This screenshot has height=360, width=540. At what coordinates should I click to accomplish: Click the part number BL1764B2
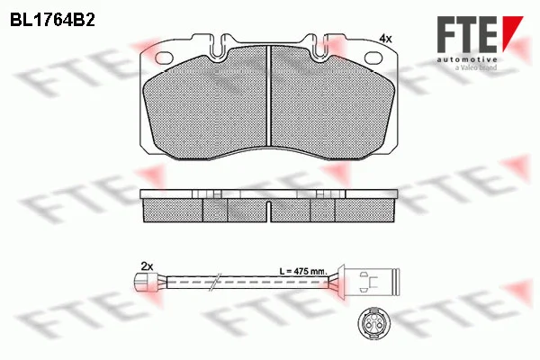52,21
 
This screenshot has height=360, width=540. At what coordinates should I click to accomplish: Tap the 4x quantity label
385,39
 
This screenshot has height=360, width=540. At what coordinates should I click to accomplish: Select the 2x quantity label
147,266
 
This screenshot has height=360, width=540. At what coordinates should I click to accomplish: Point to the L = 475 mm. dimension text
302,271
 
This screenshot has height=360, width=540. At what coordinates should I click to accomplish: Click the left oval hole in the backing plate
164,58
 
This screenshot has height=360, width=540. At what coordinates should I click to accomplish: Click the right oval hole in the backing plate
375,58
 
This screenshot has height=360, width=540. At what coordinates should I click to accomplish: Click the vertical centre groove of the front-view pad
269,95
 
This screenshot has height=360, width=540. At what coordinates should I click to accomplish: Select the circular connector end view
373,323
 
